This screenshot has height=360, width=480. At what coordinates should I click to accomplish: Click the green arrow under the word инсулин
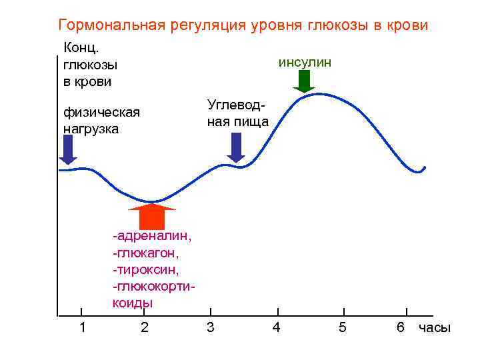click(304, 81)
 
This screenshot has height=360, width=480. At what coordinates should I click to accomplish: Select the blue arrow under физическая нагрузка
click(68, 150)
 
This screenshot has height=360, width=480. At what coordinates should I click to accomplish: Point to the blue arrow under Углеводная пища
click(236, 147)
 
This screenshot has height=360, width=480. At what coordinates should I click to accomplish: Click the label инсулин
click(305, 63)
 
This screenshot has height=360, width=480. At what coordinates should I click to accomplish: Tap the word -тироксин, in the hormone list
click(146, 269)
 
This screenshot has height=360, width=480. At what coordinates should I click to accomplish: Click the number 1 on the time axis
click(81, 327)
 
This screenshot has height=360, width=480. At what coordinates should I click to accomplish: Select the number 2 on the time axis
click(145, 327)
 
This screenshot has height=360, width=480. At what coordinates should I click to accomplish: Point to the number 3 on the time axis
click(210, 327)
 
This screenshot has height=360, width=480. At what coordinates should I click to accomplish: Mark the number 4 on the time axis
click(277, 327)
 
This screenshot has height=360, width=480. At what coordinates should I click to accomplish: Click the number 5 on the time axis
click(342, 327)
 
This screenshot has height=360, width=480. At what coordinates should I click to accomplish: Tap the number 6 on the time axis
click(401, 327)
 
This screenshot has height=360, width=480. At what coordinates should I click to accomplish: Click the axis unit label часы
click(435, 328)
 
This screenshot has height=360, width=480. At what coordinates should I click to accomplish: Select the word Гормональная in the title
click(111, 26)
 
